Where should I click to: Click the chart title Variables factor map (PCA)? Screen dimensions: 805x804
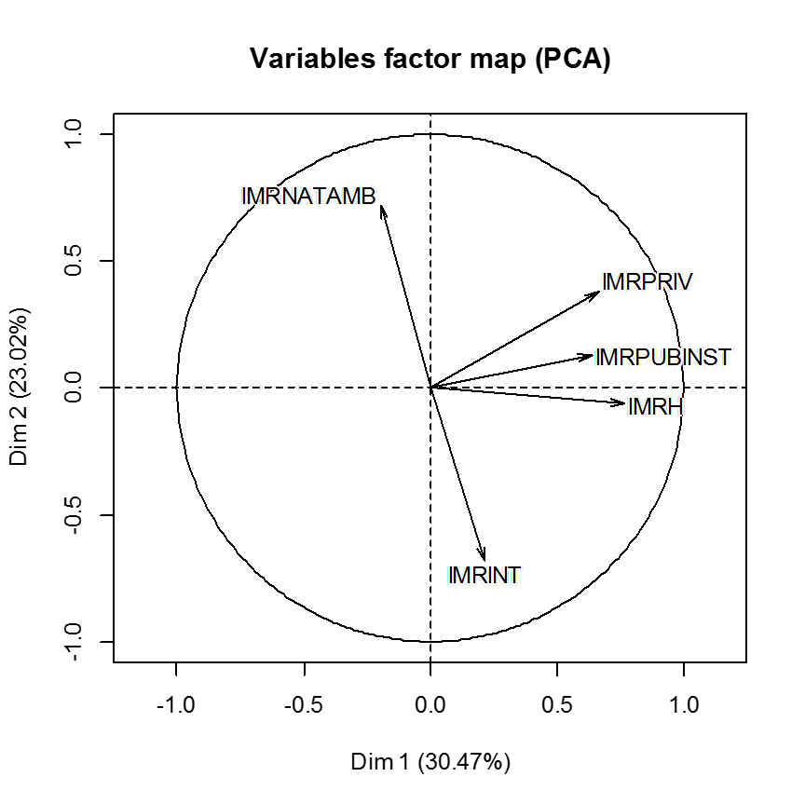click(430, 59)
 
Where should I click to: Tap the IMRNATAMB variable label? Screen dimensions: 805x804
click(308, 197)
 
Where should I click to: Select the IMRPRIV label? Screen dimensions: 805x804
click(648, 281)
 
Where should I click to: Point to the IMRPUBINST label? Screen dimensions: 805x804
click(663, 358)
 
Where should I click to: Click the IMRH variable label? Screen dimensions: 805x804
click(656, 406)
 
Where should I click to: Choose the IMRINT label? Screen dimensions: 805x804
click(484, 575)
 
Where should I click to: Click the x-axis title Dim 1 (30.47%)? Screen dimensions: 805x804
click(430, 762)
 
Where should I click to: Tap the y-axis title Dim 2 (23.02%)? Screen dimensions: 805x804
click(20, 388)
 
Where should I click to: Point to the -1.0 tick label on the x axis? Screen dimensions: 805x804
click(176, 705)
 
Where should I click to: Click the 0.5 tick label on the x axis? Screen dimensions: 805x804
click(557, 705)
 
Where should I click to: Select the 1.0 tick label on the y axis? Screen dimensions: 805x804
click(73, 134)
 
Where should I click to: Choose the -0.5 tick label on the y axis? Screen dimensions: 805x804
click(73, 515)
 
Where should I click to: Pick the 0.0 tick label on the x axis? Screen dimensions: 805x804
click(430, 705)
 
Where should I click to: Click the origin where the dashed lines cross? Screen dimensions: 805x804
click(430, 388)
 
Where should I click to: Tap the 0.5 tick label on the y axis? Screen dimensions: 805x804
click(73, 261)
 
